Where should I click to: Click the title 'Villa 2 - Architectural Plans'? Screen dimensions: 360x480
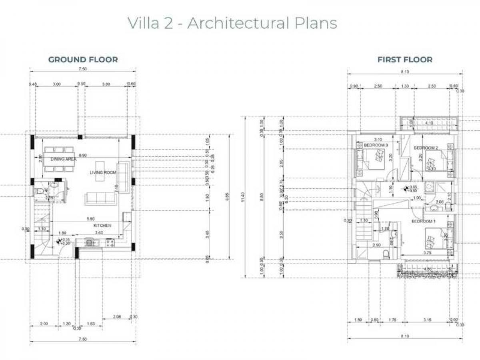pyautogui.click(x=232, y=23)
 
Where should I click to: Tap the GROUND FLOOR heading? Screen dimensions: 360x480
pyautogui.click(x=83, y=60)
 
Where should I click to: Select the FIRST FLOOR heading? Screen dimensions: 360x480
pyautogui.click(x=405, y=60)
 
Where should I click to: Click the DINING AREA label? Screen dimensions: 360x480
pyautogui.click(x=64, y=159)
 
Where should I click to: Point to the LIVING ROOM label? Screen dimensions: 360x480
pyautogui.click(x=102, y=172)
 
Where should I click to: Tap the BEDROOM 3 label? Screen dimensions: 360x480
pyautogui.click(x=376, y=145)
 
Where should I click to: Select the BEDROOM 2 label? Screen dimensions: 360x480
pyautogui.click(x=426, y=148)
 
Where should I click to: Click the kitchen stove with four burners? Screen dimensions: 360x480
pyautogui.click(x=108, y=242)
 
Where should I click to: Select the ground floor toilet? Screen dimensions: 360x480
pyautogui.click(x=40, y=192)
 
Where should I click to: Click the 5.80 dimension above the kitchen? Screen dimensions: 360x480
pyautogui.click(x=91, y=219)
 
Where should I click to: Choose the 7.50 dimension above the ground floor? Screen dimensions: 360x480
pyautogui.click(x=83, y=69)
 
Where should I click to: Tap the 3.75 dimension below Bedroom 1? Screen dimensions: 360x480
pyautogui.click(x=427, y=253)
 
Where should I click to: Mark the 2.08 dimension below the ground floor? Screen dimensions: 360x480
pyautogui.click(x=117, y=317)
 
